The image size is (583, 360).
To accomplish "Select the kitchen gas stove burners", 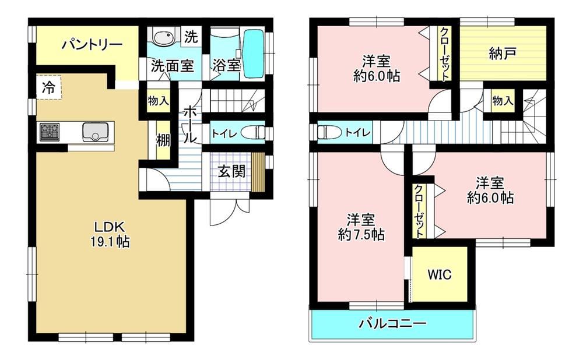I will (x=49, y=132).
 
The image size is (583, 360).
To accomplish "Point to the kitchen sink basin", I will (x=93, y=132).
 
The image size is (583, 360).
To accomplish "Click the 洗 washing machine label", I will (x=191, y=37).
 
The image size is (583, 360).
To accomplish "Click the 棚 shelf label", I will (x=162, y=140).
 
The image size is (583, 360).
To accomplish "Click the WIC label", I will (x=440, y=275).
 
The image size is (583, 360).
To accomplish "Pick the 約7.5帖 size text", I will (x=360, y=235).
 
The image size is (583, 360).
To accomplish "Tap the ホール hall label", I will (x=191, y=124).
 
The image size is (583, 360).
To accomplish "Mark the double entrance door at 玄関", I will (x=230, y=207).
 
